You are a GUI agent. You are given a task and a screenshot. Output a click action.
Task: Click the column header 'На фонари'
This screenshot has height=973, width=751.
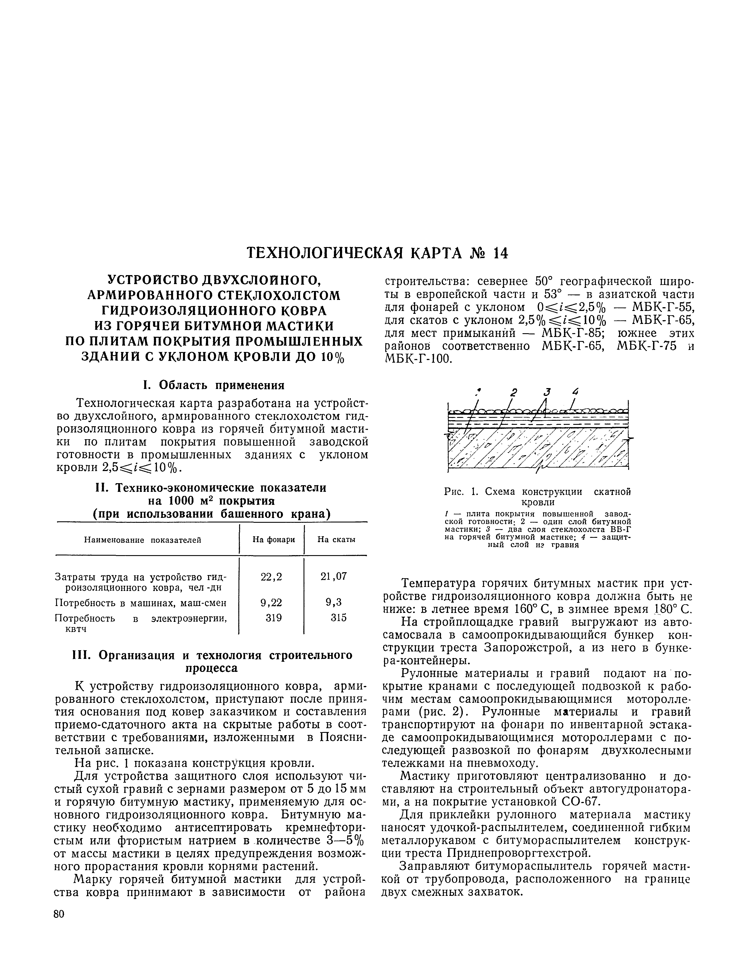[x=273, y=540]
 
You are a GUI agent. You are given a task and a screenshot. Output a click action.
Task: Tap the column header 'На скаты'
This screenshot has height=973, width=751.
[x=336, y=540]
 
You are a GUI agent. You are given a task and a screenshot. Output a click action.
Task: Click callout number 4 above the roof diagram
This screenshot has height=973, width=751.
[x=576, y=392]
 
